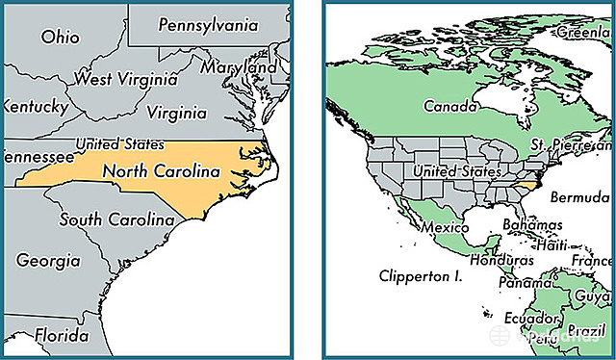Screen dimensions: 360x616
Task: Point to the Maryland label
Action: [238, 69]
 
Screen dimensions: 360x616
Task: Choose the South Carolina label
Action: [116, 220]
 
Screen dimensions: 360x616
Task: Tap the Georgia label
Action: [47, 260]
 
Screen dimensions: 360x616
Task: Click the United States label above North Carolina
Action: [119, 144]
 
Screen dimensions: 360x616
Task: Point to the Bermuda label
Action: [578, 197]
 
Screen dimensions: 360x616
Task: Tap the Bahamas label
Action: [531, 224]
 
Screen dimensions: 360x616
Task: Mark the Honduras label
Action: [500, 261]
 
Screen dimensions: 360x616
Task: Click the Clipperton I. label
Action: [421, 275]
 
